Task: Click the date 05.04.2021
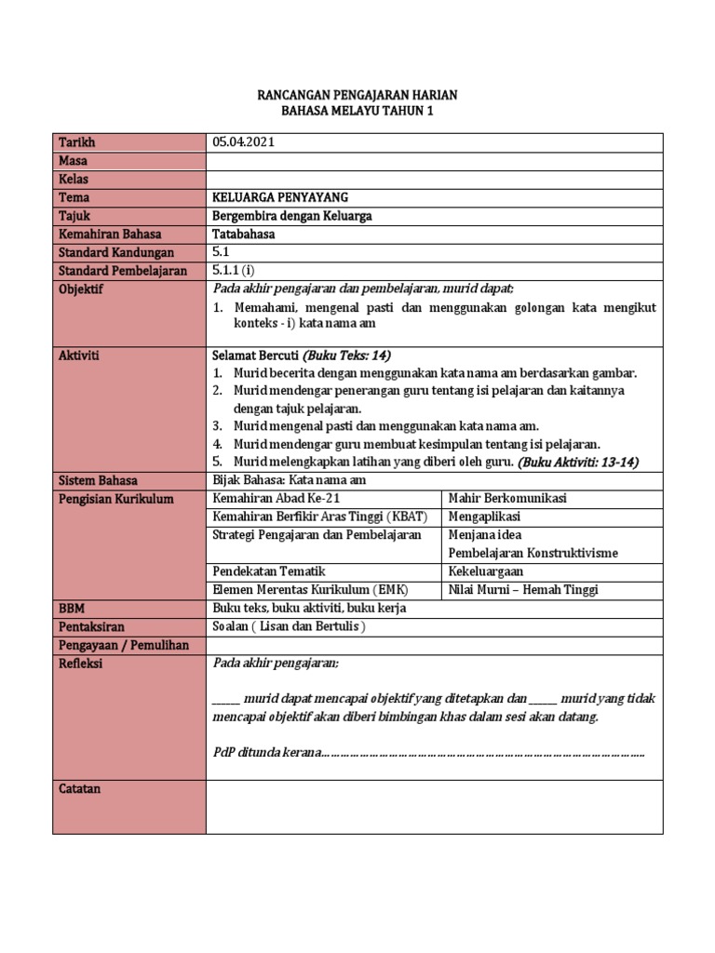point(243,142)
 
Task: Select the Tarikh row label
point(77,142)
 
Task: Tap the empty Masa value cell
point(434,161)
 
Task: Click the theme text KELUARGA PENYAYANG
point(280,197)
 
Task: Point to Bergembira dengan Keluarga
point(291,216)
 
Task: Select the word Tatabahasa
point(244,235)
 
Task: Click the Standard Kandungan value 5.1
point(221,252)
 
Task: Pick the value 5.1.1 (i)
point(233,271)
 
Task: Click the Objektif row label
point(81,289)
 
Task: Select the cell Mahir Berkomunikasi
point(507,499)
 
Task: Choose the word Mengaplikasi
point(484,517)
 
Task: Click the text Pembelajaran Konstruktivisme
point(533,553)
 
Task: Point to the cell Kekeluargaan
point(486,570)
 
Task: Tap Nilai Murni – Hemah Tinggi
point(522,589)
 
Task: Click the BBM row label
point(73,608)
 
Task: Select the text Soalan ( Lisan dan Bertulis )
point(289,626)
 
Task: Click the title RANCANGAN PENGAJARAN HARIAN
point(357,96)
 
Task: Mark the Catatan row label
point(80,789)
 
